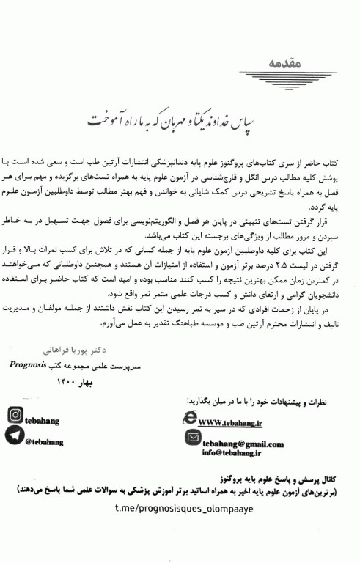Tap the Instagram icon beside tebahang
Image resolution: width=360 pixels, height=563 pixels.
(x=15, y=415)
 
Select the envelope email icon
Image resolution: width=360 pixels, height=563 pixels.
(x=193, y=437)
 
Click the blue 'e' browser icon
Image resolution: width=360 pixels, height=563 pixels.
(x=189, y=417)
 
